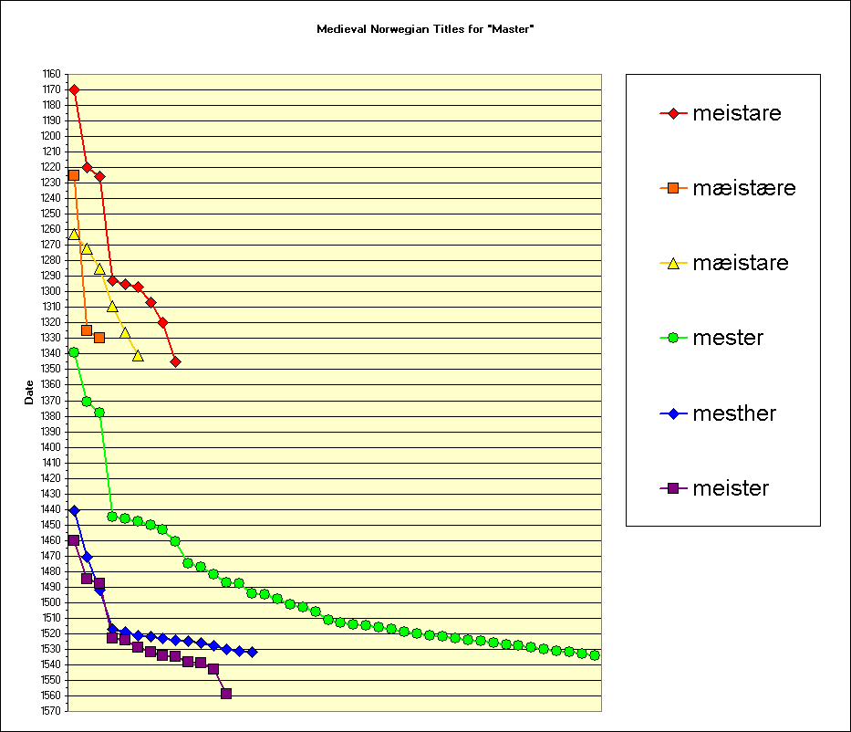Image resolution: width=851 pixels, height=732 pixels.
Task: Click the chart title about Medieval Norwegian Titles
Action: click(x=425, y=29)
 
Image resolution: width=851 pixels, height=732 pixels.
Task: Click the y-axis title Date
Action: click(x=29, y=392)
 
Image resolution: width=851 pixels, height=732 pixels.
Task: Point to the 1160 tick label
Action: click(x=51, y=74)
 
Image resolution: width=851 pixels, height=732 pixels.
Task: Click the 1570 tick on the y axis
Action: click(x=51, y=711)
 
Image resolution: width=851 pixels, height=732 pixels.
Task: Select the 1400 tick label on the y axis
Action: click(x=51, y=447)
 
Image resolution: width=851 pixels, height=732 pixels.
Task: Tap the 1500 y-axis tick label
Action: click(x=51, y=602)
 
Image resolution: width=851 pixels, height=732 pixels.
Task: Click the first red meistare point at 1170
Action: click(x=74, y=89)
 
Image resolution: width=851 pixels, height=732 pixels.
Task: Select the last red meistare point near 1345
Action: click(x=175, y=361)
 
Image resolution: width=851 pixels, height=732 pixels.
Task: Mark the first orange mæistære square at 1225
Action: click(x=74, y=175)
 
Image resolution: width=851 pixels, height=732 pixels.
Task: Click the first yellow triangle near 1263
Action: click(x=74, y=235)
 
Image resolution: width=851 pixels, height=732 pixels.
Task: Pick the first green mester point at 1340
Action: click(x=74, y=352)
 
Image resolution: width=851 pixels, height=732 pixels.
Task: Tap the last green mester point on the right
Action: click(x=595, y=654)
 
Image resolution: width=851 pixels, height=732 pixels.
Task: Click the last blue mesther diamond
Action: click(x=252, y=652)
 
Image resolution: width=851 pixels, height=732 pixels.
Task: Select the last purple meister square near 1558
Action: click(x=226, y=694)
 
